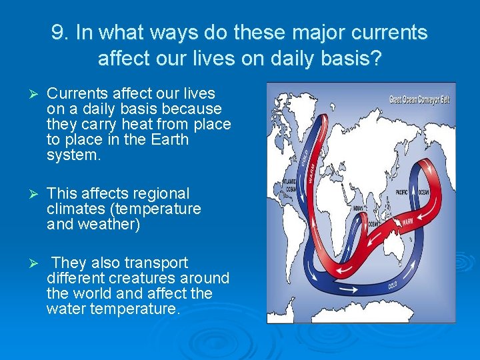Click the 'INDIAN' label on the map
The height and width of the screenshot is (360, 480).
tap(357, 209)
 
